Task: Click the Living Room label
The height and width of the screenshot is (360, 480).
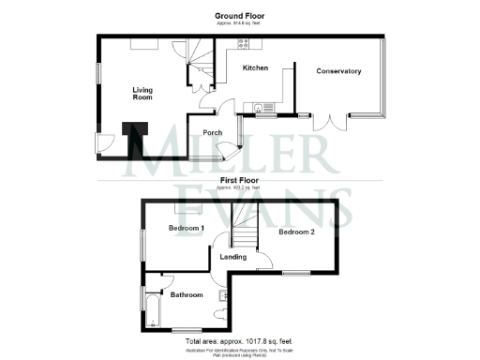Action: pyautogui.click(x=142, y=91)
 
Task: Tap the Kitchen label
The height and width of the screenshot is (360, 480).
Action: pyautogui.click(x=256, y=68)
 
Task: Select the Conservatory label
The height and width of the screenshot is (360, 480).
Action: pyautogui.click(x=338, y=71)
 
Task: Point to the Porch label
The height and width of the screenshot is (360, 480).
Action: pyautogui.click(x=212, y=132)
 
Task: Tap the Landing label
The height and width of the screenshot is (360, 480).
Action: pyautogui.click(x=232, y=256)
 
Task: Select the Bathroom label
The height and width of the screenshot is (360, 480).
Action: pyautogui.click(x=186, y=294)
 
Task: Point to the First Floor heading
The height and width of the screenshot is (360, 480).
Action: pyautogui.click(x=240, y=180)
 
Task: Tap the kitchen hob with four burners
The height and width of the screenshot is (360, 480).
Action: pyautogui.click(x=243, y=43)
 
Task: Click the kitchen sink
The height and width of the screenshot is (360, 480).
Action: pyautogui.click(x=260, y=107)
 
